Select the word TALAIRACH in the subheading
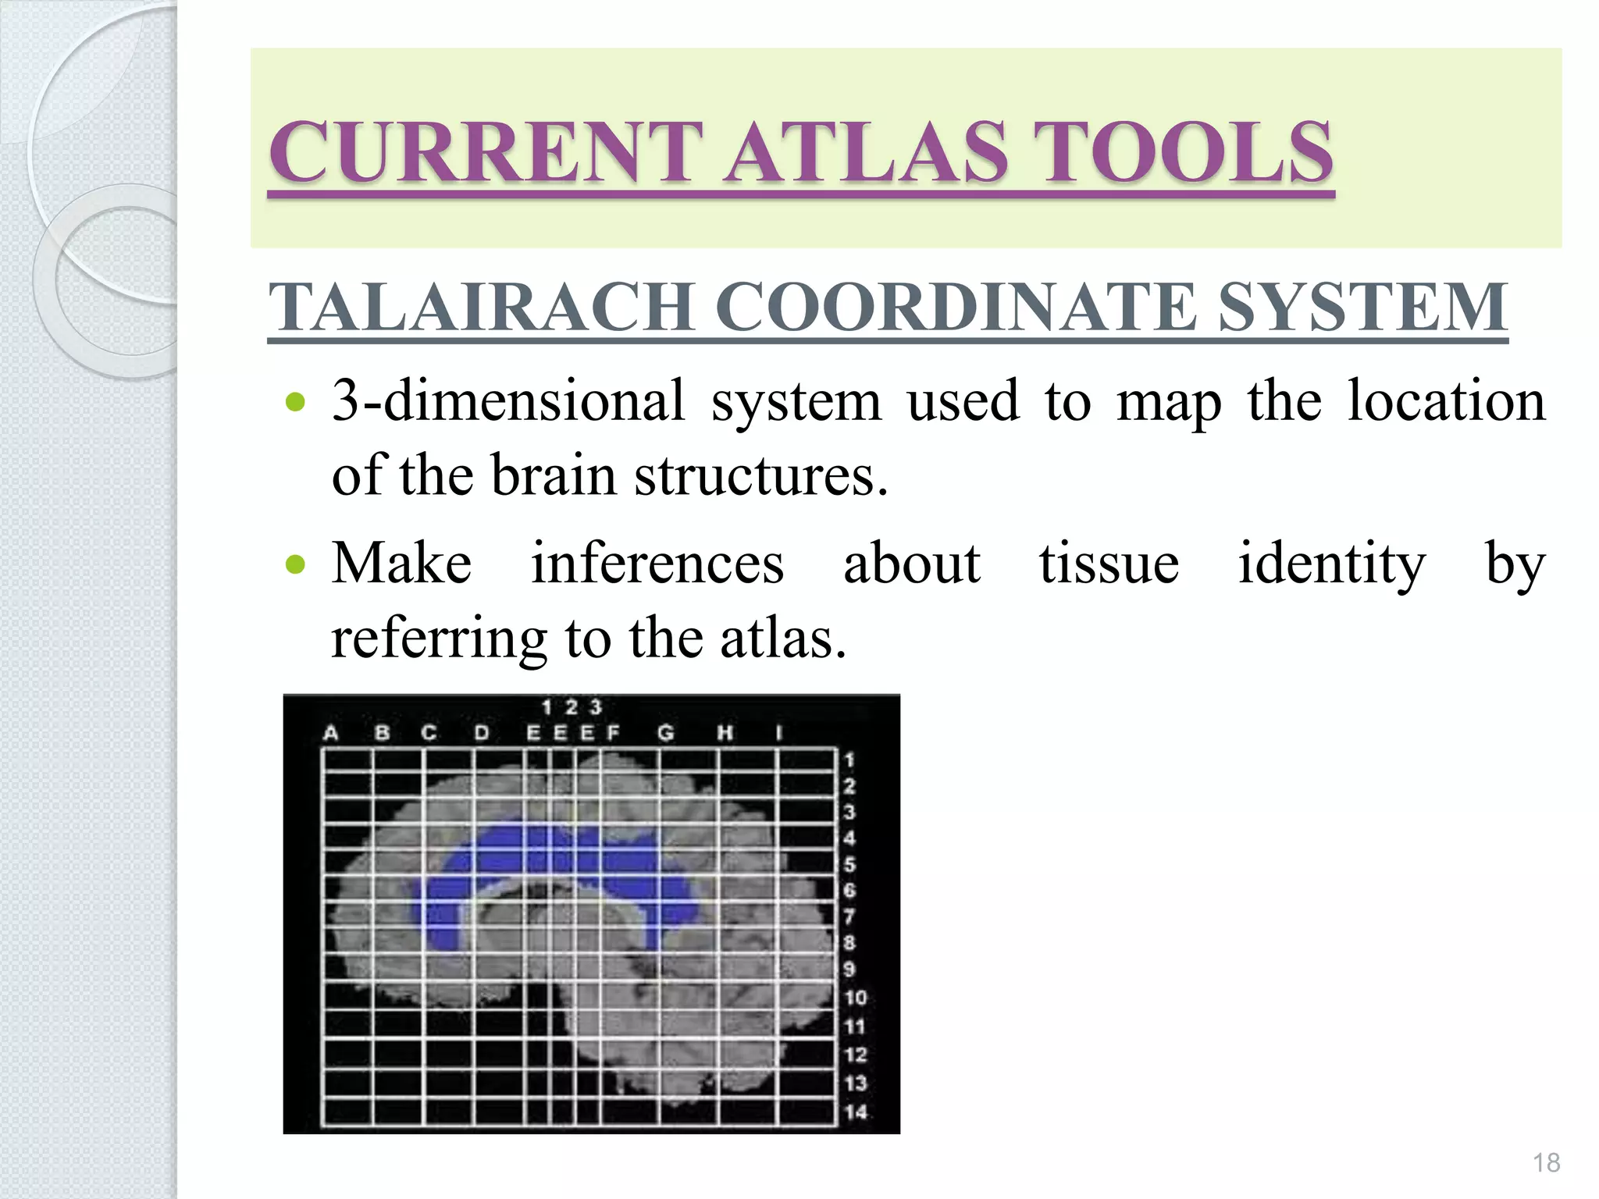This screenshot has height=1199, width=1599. coord(481,307)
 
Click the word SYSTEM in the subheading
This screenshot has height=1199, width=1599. coord(1362,307)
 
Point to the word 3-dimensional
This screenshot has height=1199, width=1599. coord(507,400)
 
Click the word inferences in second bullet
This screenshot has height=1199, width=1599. coord(657,563)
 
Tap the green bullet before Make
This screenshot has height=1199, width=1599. coord(296,564)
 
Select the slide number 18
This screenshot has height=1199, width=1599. coord(1546,1162)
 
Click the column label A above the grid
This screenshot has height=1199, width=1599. coord(331,733)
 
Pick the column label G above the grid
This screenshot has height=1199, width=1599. coord(665,733)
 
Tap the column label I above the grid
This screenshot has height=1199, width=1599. coord(778,733)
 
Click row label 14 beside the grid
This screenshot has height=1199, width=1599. coord(856,1112)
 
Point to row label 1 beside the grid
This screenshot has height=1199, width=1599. coord(849,760)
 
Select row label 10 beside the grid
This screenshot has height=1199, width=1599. coord(856,998)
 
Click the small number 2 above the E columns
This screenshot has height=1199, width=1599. coord(572,707)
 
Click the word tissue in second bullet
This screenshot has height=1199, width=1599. coord(1109,563)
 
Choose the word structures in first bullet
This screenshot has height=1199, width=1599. coord(761,475)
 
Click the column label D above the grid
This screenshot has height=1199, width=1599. coord(482,733)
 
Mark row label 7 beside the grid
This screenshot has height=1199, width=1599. coord(849,916)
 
